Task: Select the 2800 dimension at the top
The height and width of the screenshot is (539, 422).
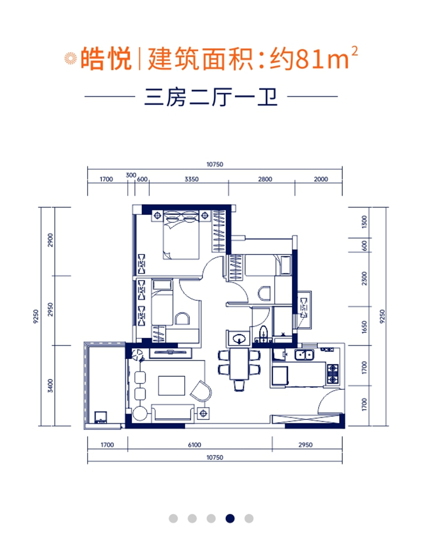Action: click(x=265, y=179)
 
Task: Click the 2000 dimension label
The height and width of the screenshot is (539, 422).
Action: click(x=320, y=179)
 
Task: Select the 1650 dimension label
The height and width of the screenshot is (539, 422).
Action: click(x=364, y=327)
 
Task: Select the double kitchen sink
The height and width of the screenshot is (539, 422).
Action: click(x=304, y=354)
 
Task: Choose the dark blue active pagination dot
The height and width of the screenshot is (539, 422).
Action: click(x=230, y=518)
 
